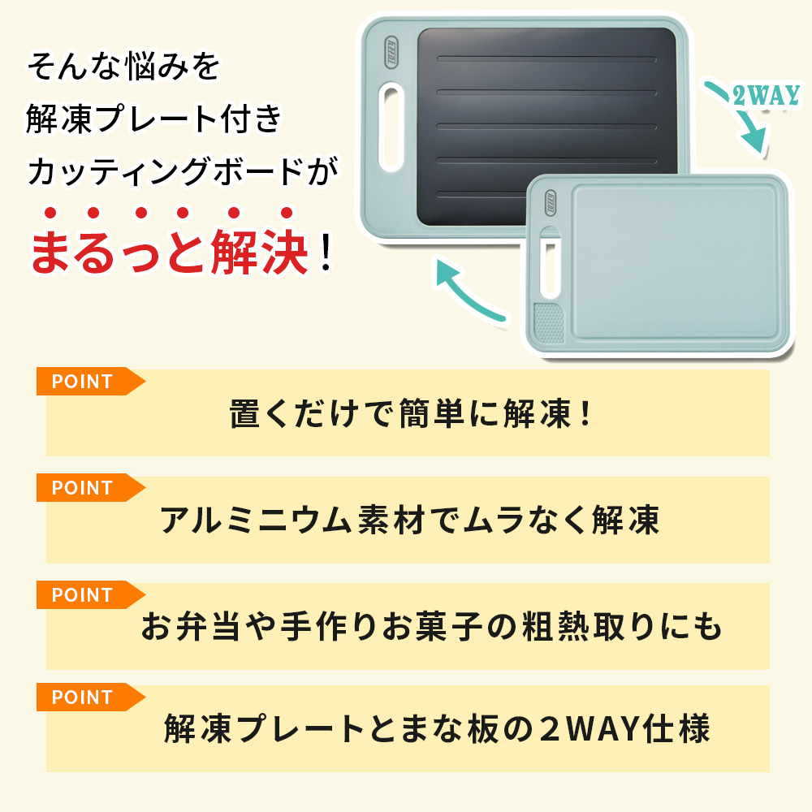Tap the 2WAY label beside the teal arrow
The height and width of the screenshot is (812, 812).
pyautogui.click(x=767, y=97)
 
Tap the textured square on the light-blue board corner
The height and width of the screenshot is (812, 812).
pyautogui.click(x=549, y=323)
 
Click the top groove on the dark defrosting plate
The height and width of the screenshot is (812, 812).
pyautogui.click(x=546, y=59)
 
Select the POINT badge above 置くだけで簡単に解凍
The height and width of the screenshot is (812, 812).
pyautogui.click(x=82, y=382)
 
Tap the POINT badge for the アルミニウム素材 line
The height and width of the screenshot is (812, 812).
pyautogui.click(x=82, y=488)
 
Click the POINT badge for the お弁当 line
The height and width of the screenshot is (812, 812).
pyautogui.click(x=82, y=595)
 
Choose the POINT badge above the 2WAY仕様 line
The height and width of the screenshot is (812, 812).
pyautogui.click(x=82, y=698)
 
